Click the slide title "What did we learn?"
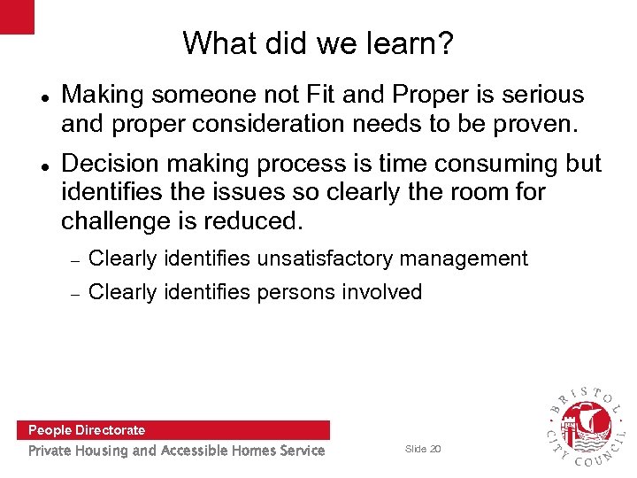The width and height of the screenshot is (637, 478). (318, 42)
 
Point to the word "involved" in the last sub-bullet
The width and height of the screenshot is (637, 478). (382, 291)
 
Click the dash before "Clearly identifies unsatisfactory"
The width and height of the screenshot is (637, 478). (75, 260)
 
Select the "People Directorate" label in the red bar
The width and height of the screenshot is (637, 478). (87, 430)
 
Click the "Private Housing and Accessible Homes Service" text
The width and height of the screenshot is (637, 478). (176, 451)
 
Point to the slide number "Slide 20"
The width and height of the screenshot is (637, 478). (422, 449)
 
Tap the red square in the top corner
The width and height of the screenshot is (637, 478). (17, 16)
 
